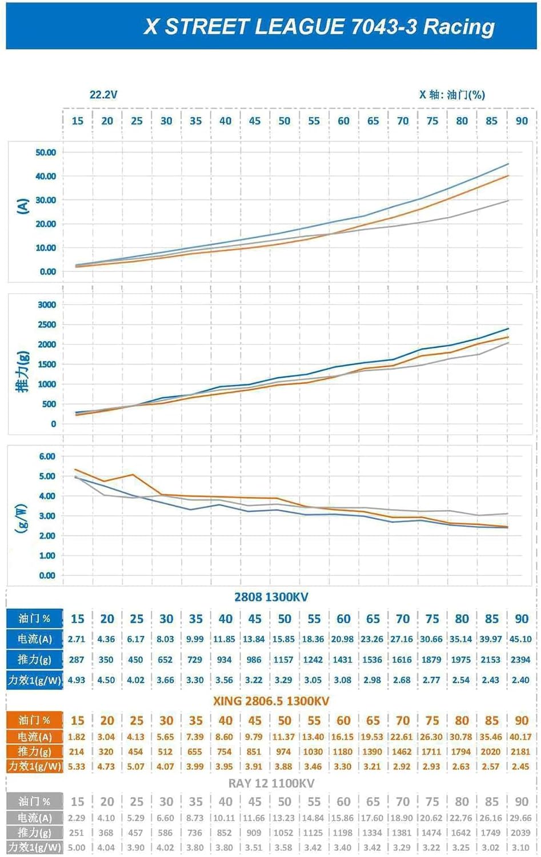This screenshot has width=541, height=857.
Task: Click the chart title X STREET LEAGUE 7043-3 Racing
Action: click(x=319, y=26)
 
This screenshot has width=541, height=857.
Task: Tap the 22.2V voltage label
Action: click(x=103, y=95)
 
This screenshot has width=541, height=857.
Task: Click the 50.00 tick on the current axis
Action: click(x=46, y=153)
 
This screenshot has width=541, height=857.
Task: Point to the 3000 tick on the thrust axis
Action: click(x=47, y=305)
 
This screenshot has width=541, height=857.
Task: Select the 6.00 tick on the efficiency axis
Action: click(x=47, y=456)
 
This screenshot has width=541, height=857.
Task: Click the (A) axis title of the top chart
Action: click(x=23, y=206)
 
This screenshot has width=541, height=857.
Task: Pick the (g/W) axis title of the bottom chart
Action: click(x=21, y=518)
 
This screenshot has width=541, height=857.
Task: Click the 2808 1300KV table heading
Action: click(x=271, y=597)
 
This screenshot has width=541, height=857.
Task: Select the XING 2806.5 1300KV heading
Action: click(x=271, y=701)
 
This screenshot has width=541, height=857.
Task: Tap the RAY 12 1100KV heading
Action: click(x=271, y=783)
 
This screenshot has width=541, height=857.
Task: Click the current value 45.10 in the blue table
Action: click(x=520, y=639)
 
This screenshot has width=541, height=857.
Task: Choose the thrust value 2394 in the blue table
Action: click(x=520, y=660)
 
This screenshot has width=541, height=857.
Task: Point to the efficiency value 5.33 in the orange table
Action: click(x=77, y=767)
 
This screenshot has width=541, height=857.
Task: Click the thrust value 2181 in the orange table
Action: click(x=520, y=752)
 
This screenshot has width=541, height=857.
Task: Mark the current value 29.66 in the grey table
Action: click(x=520, y=818)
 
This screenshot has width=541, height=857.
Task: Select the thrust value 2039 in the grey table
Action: click(x=520, y=833)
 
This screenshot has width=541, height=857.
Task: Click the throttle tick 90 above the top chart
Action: click(x=522, y=121)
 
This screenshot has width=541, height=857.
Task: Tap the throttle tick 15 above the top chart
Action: click(x=77, y=121)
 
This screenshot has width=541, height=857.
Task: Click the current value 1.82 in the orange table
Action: click(x=77, y=737)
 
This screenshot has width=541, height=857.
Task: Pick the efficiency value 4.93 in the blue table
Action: click(x=77, y=680)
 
